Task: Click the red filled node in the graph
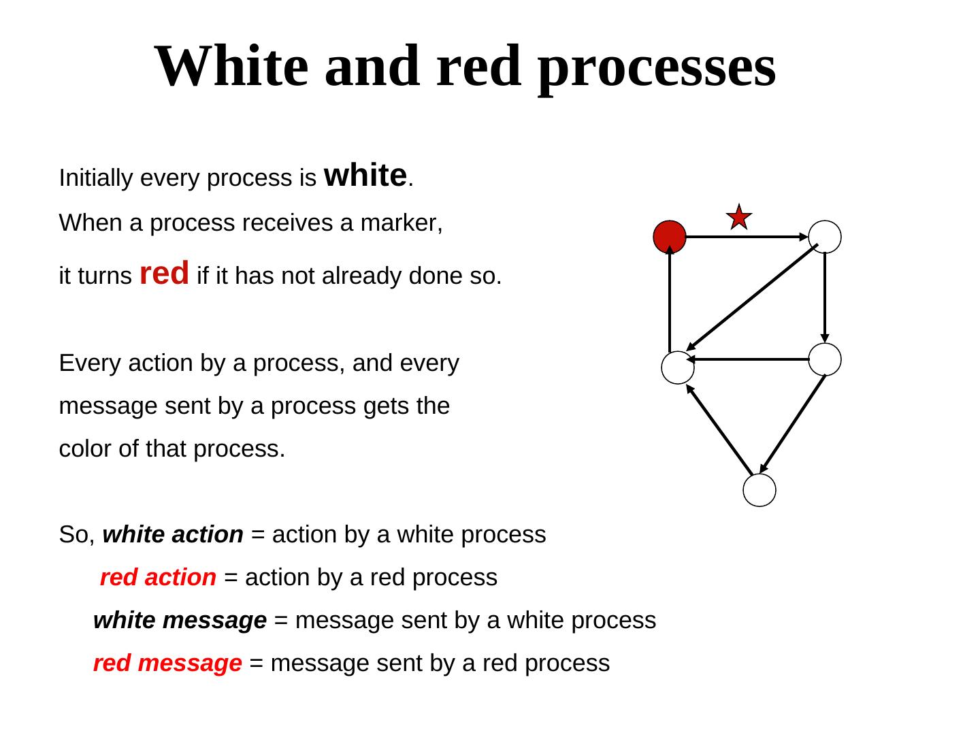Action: (x=670, y=237)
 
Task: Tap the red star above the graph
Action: (x=738, y=217)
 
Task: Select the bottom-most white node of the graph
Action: (x=759, y=490)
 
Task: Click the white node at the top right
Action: (x=825, y=237)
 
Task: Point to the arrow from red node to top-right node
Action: (x=746, y=237)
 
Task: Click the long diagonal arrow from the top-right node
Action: (x=752, y=297)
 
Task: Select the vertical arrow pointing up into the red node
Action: (x=670, y=299)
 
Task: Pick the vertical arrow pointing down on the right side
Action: (x=825, y=297)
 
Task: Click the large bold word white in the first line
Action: (x=365, y=176)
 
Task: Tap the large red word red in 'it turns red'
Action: (x=164, y=274)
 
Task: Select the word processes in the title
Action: (x=656, y=67)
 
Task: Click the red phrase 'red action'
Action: (x=158, y=577)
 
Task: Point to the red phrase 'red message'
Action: (x=167, y=663)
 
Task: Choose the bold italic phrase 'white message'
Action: (x=180, y=620)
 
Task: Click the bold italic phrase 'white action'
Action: (x=173, y=534)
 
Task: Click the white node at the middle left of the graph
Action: (x=678, y=367)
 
